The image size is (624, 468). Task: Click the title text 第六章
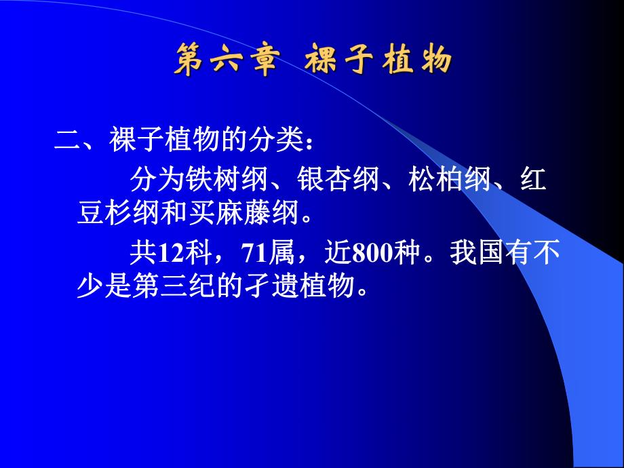coord(225,60)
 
